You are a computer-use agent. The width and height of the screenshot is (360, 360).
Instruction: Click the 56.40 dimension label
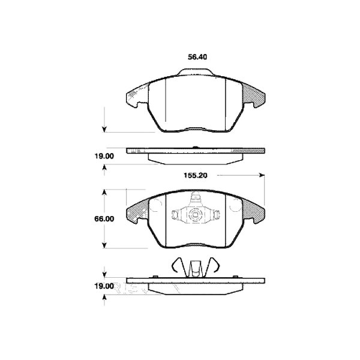[198, 58]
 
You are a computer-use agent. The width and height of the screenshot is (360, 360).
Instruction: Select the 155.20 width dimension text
[196, 176]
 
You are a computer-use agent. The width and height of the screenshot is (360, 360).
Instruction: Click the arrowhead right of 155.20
[261, 176]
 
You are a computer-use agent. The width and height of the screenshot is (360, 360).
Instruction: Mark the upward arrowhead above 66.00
[106, 192]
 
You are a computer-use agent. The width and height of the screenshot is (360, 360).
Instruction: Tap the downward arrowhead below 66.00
[106, 245]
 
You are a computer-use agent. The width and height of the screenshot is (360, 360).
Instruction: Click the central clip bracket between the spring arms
[194, 267]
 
